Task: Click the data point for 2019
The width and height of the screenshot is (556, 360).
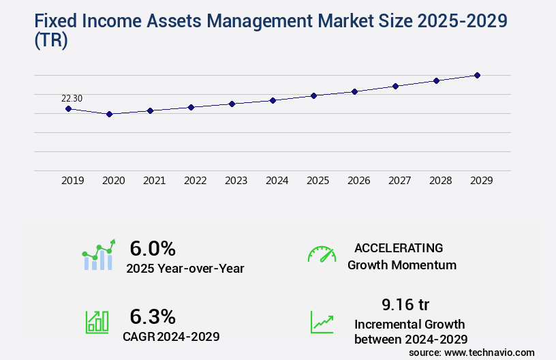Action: click(68, 108)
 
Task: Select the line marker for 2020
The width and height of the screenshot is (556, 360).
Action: click(109, 114)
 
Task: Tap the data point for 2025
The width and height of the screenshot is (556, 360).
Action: click(313, 95)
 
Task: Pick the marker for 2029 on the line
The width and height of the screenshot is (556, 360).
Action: click(477, 75)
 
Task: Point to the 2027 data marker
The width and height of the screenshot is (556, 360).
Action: click(395, 86)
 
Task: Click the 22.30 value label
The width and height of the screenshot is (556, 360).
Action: click(72, 99)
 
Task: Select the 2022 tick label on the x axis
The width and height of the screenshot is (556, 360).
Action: click(195, 181)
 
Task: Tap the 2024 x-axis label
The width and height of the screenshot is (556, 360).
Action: click(277, 181)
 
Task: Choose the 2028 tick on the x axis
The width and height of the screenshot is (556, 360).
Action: click(440, 181)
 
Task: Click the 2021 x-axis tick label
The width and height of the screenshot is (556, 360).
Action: click(154, 181)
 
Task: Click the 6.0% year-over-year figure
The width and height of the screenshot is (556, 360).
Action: click(153, 249)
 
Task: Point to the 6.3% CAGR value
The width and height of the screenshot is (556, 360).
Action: click(153, 316)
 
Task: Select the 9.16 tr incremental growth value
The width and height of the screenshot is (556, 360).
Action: click(406, 304)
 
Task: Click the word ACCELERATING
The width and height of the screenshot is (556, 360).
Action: click(399, 247)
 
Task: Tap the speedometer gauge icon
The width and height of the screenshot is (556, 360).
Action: click(322, 254)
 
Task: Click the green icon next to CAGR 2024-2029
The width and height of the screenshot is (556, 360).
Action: click(97, 322)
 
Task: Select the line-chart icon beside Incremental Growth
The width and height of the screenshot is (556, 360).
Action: click(322, 322)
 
